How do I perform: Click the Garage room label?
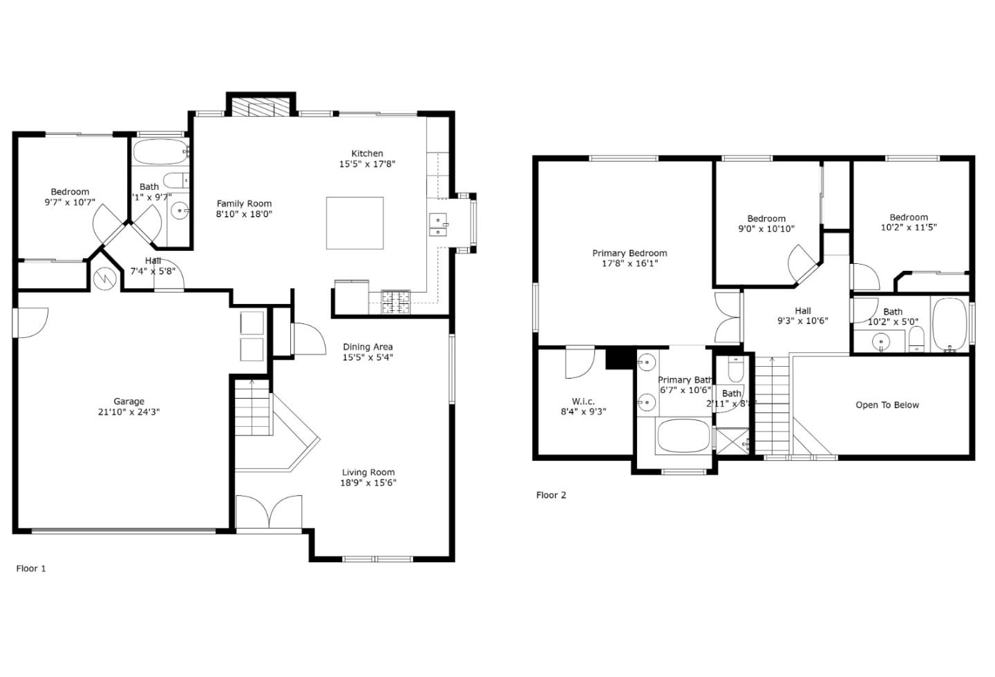[x=129, y=401]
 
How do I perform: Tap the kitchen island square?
[x=354, y=222]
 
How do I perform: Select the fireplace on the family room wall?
[x=261, y=107]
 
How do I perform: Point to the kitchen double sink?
[x=439, y=224]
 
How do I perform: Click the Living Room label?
[x=368, y=473]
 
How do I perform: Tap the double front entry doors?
[x=268, y=512]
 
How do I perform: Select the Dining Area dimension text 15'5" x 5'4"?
[x=368, y=357]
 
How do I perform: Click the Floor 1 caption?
[x=31, y=569]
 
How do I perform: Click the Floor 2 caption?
[x=551, y=495]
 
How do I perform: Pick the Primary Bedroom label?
[x=629, y=253]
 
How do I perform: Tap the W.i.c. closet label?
[x=583, y=401]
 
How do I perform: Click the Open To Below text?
[x=887, y=405]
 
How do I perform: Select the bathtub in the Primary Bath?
[x=683, y=436]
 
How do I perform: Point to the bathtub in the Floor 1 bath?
[x=159, y=151]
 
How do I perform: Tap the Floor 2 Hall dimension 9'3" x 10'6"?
[x=802, y=321]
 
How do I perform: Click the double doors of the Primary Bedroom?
[x=727, y=317]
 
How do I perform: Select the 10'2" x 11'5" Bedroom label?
[x=909, y=227]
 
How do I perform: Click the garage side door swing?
[x=32, y=322]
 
